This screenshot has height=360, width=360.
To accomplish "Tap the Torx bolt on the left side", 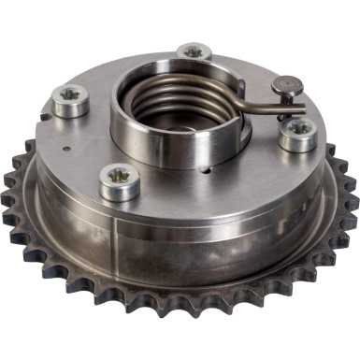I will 70,100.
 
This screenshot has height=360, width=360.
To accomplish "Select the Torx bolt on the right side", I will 297,132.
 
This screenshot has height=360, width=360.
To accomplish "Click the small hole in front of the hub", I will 203,172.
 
